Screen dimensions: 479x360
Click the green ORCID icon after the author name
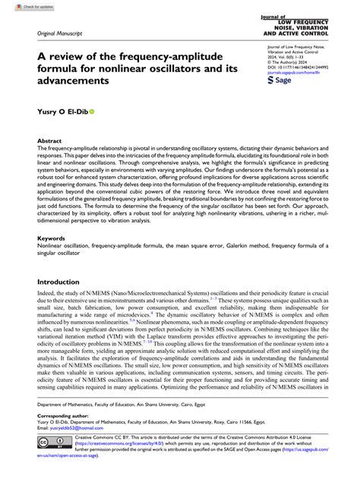[93, 111]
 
